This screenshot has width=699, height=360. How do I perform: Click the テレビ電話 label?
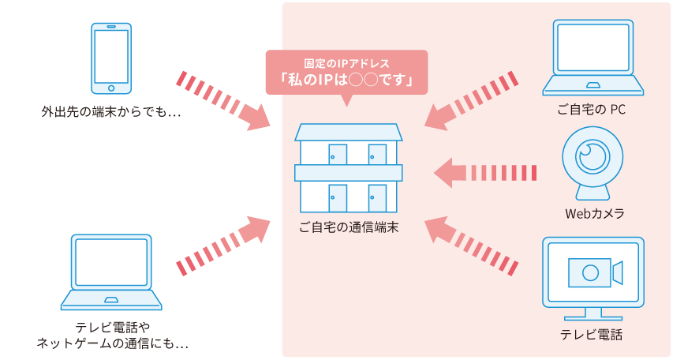[592, 335]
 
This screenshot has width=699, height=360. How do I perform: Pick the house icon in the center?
[349, 168]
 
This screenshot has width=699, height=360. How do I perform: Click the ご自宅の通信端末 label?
[348, 227]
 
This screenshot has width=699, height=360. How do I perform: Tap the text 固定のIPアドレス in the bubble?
[346, 62]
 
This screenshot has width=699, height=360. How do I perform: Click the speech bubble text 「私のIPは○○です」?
[346, 81]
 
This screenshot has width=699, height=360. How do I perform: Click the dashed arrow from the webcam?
[486, 173]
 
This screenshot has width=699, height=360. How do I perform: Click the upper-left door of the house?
[338, 155]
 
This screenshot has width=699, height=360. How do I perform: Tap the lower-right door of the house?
[377, 197]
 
